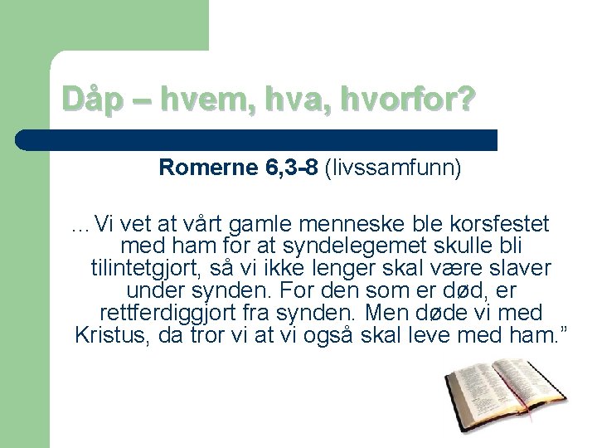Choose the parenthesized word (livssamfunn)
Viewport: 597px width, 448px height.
click(394, 168)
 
